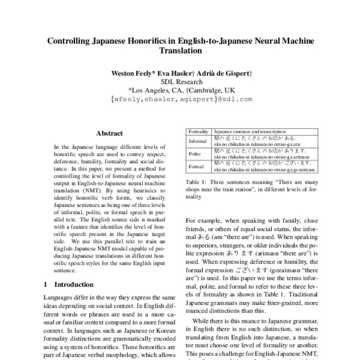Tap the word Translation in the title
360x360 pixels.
180,52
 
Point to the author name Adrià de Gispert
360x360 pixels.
226,73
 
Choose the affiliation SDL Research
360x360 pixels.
180,82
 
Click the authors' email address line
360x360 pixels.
180,100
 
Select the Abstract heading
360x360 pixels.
109,133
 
